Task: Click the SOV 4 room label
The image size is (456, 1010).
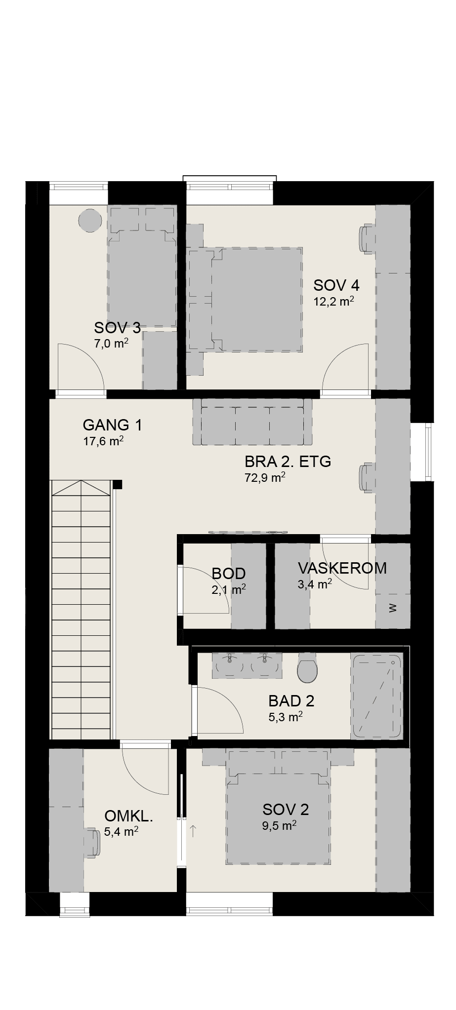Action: (336, 285)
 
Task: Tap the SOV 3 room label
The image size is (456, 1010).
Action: (117, 327)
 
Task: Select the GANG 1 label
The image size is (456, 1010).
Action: (113, 425)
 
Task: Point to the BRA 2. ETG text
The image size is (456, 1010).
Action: (288, 462)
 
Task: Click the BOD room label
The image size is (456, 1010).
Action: (229, 573)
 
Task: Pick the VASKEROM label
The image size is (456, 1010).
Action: (342, 568)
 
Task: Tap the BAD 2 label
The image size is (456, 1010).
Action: (291, 700)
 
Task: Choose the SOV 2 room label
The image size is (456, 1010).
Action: (286, 809)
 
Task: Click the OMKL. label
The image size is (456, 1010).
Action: (129, 816)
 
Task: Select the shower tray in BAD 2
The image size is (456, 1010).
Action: (376, 696)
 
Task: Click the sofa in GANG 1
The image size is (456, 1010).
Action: (252, 422)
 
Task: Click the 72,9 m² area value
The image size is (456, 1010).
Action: (265, 477)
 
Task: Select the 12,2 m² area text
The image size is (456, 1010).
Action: (334, 301)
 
